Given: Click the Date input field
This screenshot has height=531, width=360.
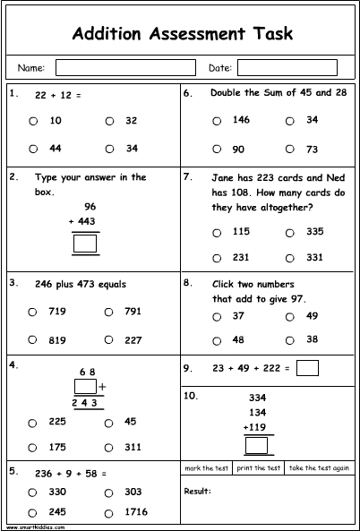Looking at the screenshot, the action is pos(287,67).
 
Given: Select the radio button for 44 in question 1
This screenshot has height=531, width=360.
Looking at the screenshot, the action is pos(32,149).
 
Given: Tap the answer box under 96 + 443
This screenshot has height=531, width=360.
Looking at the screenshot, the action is pos(86,243).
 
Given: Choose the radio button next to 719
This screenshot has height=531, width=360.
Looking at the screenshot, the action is pos(32,313).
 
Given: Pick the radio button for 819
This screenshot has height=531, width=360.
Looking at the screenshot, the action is pos(32,339).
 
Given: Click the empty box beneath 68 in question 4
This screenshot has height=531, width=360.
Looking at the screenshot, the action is pos(85,387).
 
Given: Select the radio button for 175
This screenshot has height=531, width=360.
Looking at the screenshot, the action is pos(32,446).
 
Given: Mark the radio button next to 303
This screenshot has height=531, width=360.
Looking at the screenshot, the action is pos(107,492).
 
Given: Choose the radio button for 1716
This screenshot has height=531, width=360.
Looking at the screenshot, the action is pos(107,512).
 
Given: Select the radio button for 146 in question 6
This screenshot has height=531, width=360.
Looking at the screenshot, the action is pos(215,120).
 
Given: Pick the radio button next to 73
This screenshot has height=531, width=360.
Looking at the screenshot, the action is pos(289,149).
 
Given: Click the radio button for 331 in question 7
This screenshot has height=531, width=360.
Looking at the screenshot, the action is pos(289,257).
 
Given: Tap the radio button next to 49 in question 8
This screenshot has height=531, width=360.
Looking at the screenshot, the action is pos(289,316).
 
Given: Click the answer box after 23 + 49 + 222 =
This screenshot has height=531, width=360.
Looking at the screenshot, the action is pos(307,367).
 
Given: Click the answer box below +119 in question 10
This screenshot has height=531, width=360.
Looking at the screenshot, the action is pos(258,445).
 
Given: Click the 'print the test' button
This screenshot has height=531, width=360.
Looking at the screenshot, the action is pos(259,468).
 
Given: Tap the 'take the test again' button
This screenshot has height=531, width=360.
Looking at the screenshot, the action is pos(319,468).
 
